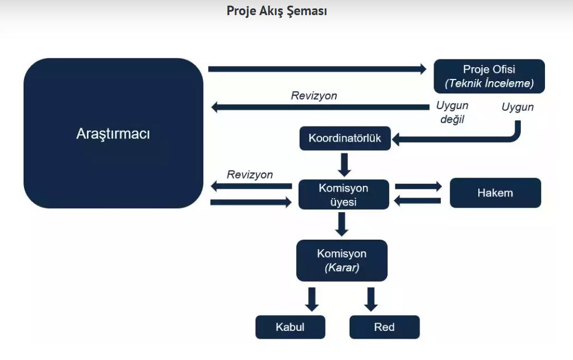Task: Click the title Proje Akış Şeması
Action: (x=277, y=11)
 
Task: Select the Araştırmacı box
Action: (x=113, y=133)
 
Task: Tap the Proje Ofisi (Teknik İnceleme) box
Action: (x=489, y=76)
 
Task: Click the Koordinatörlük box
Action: (x=345, y=138)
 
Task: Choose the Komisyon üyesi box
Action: (x=343, y=195)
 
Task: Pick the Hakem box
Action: (x=495, y=193)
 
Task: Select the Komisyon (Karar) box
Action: (x=342, y=260)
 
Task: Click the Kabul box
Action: (x=290, y=327)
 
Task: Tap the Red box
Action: (x=384, y=327)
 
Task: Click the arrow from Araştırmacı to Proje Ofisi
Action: (x=317, y=69)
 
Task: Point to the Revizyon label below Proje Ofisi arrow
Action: (x=314, y=96)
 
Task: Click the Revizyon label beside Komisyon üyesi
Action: (x=250, y=175)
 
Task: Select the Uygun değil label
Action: (x=452, y=112)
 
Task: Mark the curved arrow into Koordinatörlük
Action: (x=475, y=139)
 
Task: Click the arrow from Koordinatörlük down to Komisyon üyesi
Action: (x=344, y=165)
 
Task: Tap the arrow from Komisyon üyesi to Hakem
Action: (x=418, y=186)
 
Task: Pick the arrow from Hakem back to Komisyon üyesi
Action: (x=418, y=201)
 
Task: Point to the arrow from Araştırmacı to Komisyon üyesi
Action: (x=251, y=202)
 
